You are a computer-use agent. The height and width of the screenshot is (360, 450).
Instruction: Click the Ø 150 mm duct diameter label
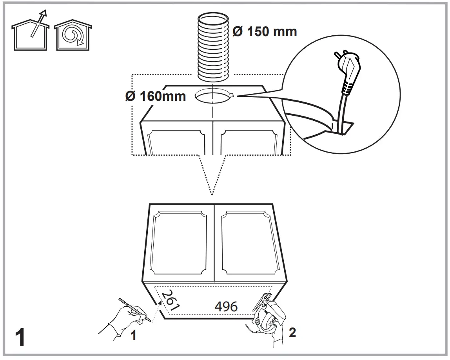click(265, 31)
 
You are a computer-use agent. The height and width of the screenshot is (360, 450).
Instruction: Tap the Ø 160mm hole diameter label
click(156, 96)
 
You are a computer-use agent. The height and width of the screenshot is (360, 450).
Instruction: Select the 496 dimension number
click(226, 306)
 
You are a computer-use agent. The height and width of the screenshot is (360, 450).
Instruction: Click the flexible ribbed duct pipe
click(213, 51)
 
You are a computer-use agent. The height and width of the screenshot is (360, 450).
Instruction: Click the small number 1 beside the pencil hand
click(133, 336)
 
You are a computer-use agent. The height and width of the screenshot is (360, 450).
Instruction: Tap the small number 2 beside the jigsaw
click(292, 333)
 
